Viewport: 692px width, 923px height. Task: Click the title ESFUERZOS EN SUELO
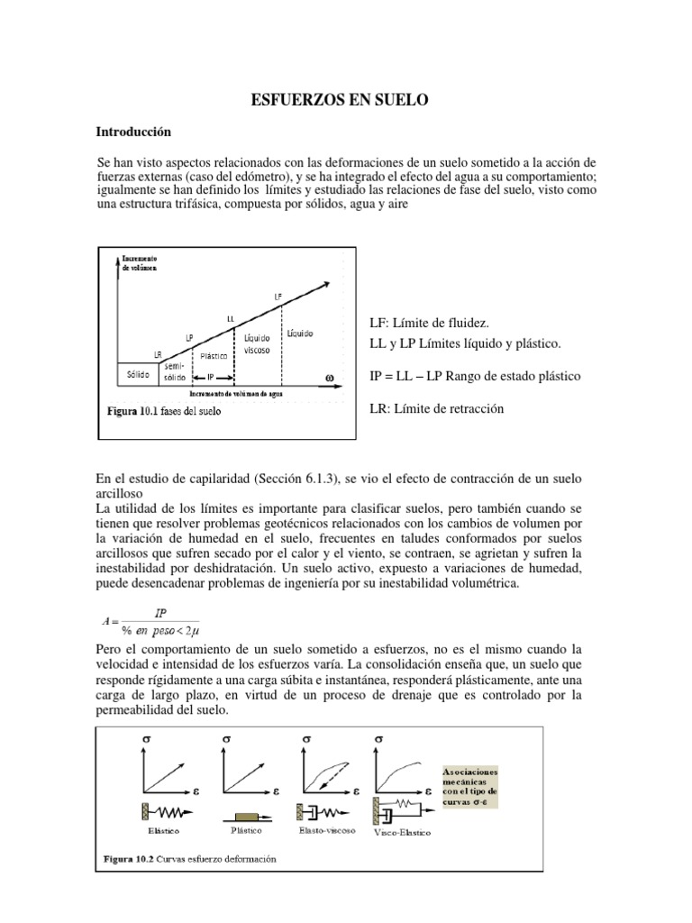click(x=346, y=102)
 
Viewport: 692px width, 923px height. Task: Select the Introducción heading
click(x=133, y=132)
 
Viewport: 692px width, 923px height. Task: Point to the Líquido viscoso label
click(x=259, y=343)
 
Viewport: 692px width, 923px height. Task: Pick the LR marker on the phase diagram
click(x=158, y=354)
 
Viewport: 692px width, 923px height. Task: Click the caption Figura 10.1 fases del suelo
click(x=164, y=411)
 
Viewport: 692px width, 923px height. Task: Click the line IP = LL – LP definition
click(x=475, y=375)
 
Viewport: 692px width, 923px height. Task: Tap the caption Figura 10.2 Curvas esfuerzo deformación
click(x=187, y=858)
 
